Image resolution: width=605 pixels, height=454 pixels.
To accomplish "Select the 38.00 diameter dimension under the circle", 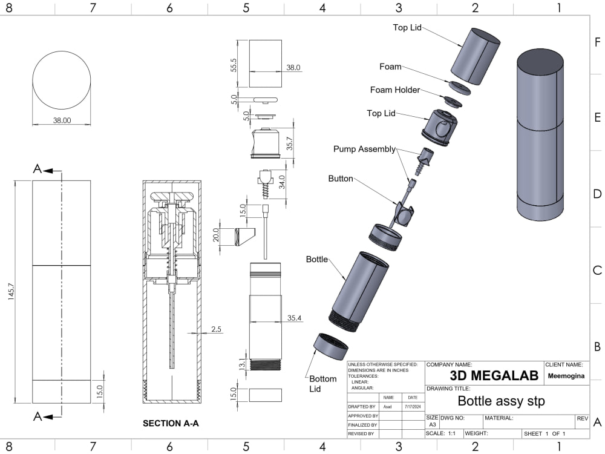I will [x=62, y=120].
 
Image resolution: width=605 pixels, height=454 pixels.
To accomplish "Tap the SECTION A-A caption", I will [x=171, y=424].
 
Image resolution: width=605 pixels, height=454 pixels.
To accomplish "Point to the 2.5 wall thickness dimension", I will [x=217, y=329].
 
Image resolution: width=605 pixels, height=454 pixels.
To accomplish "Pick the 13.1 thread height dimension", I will [x=242, y=364].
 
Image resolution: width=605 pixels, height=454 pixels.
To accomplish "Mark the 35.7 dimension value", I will [x=290, y=143].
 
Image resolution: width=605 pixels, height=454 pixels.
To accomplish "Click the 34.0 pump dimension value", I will [x=281, y=182].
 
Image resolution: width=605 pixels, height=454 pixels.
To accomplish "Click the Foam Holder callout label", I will [x=395, y=90].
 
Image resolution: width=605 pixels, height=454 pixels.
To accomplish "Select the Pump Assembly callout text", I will [x=364, y=149].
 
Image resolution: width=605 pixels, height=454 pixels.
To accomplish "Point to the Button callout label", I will [x=341, y=179].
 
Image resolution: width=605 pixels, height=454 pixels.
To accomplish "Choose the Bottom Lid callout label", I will [x=323, y=384].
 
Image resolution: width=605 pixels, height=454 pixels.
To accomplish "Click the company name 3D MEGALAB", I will [x=494, y=375].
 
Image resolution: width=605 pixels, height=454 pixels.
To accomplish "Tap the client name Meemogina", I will [x=566, y=375].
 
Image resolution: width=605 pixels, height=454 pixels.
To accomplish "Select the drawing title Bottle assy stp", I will [x=501, y=401].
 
